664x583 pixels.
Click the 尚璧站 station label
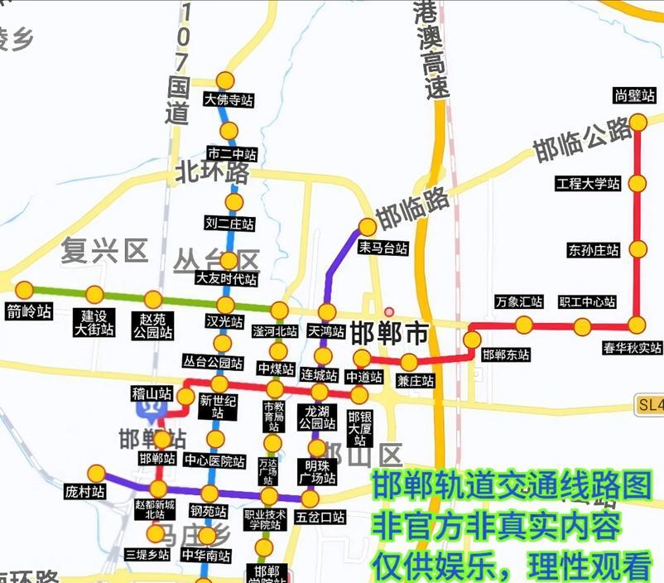click(x=635, y=95)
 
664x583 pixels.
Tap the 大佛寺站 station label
click(x=228, y=100)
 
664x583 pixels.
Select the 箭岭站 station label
click(x=28, y=312)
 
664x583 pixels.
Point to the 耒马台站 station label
click(x=383, y=248)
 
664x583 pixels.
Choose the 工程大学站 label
click(x=588, y=184)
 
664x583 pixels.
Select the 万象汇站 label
click(x=519, y=302)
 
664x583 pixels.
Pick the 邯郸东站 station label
click(x=506, y=354)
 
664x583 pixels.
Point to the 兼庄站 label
click(x=415, y=381)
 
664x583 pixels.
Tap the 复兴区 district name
click(x=103, y=249)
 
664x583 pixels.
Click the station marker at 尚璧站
click(x=638, y=123)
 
